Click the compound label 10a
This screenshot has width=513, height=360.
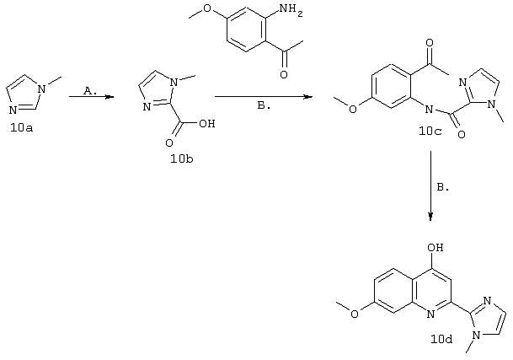point(22,128)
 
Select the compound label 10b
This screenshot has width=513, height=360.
point(182,159)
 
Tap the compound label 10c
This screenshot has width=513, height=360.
point(430,131)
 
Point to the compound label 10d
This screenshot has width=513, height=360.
point(441,339)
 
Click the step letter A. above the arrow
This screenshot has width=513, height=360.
point(90,91)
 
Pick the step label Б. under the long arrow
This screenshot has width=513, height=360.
point(264,105)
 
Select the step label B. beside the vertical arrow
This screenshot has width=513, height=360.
point(442,187)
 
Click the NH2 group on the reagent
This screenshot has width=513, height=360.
point(291,9)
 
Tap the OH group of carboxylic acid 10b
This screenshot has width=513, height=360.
point(206,124)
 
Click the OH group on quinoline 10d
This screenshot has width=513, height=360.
point(436,248)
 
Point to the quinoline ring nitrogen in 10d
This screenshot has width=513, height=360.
point(431,314)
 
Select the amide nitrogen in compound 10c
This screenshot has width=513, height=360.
point(428,109)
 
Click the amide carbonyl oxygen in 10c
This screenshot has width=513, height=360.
point(462,134)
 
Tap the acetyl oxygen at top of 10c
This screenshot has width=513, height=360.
point(430,43)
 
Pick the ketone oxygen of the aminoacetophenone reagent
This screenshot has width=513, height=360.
point(284,74)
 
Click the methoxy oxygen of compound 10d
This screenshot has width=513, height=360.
point(355,314)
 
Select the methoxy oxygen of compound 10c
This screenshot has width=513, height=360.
point(352,109)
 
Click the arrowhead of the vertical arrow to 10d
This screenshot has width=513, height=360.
point(430,217)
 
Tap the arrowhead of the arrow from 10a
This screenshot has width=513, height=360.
point(110,97)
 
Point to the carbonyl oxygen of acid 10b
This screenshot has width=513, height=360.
point(169,142)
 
